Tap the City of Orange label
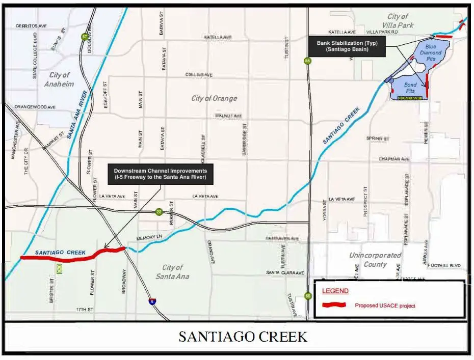tap(214, 98)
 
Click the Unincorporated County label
tap(375, 260)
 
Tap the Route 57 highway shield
tap(84, 37)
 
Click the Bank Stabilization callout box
tap(347, 47)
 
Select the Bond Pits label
tap(411, 88)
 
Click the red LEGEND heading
tap(335, 291)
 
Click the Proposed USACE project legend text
tap(385, 306)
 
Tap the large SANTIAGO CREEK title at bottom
tap(243, 337)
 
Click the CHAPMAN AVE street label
tap(394, 159)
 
